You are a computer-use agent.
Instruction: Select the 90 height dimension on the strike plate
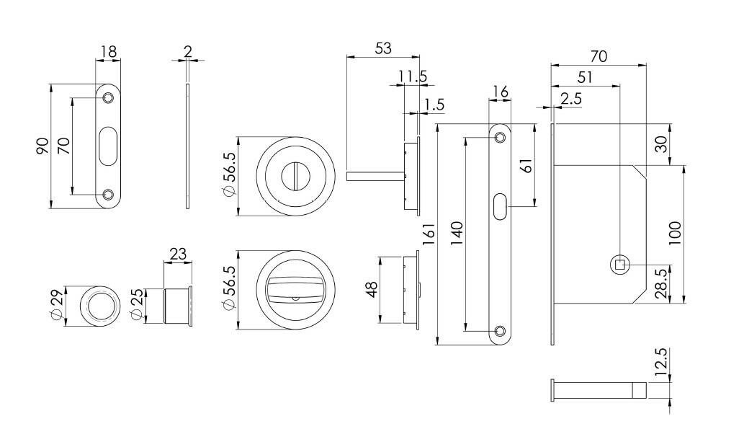click(43, 146)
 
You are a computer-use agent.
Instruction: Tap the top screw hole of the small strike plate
click(108, 97)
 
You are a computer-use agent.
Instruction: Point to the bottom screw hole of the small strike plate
click(108, 194)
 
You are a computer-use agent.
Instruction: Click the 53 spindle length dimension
click(382, 48)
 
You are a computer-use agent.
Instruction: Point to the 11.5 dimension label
click(413, 75)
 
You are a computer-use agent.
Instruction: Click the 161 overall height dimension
click(427, 234)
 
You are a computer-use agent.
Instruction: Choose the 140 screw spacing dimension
click(457, 233)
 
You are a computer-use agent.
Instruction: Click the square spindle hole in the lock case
click(619, 265)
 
